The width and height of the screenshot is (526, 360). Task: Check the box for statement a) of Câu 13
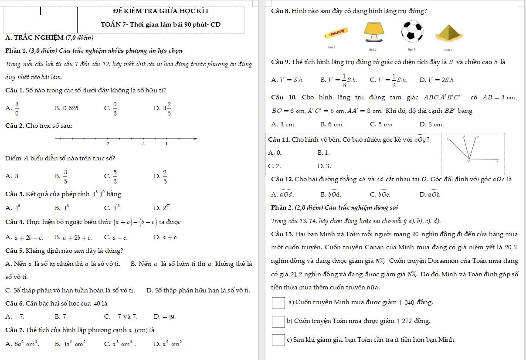(278, 303)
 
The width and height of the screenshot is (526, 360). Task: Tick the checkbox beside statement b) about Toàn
(278, 322)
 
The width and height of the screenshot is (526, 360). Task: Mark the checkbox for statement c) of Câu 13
(278, 340)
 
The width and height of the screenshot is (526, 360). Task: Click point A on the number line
(143, 139)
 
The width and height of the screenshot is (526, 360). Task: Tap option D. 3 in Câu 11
(325, 166)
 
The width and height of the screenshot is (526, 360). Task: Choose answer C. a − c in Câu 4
(115, 238)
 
